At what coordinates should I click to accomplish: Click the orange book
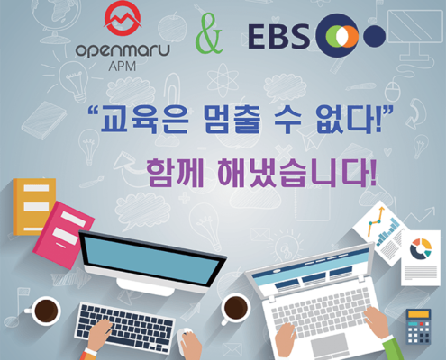pyautogui.click(x=32, y=206)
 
